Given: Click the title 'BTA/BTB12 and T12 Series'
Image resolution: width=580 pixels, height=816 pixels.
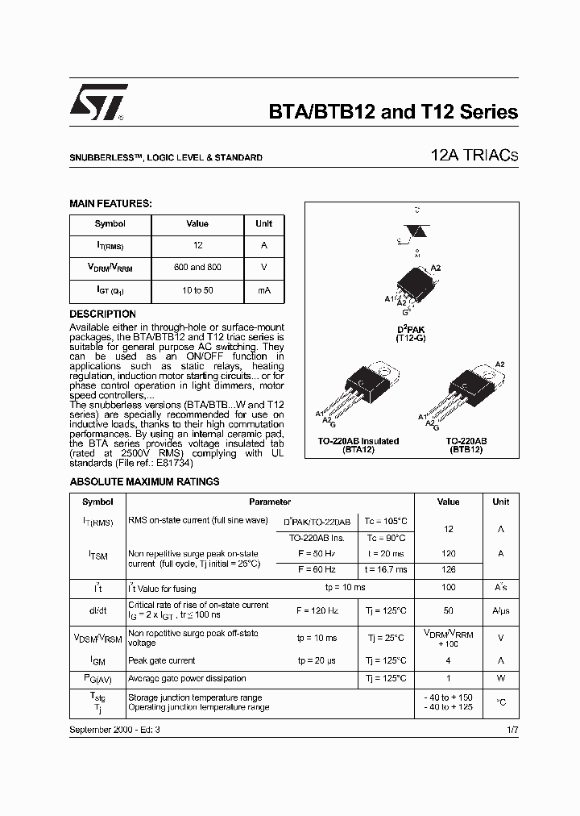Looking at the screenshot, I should pyautogui.click(x=392, y=112).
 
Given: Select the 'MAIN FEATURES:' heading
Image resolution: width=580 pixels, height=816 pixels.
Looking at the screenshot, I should pyautogui.click(x=110, y=205).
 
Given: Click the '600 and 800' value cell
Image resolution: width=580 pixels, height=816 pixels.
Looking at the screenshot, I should pyautogui.click(x=197, y=267).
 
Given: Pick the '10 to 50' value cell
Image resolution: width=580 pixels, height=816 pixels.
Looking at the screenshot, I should pyautogui.click(x=197, y=289).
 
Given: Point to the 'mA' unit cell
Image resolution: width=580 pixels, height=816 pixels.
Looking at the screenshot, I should pyautogui.click(x=263, y=289).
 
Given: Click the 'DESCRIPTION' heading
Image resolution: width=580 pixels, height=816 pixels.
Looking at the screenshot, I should pyautogui.click(x=102, y=314).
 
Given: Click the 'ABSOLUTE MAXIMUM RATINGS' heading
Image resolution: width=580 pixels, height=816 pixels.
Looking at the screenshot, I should pyautogui.click(x=144, y=482).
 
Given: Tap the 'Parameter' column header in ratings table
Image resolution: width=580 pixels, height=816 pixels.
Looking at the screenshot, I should pyautogui.click(x=269, y=502).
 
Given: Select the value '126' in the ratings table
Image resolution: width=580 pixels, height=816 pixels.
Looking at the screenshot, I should pyautogui.click(x=449, y=569).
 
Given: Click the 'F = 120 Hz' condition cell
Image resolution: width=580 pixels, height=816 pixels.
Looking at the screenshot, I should pyautogui.click(x=311, y=611).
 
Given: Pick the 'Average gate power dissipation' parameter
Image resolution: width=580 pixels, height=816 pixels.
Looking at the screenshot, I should pyautogui.click(x=187, y=679).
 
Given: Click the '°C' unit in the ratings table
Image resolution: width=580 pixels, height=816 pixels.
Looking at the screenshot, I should pyautogui.click(x=501, y=702).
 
